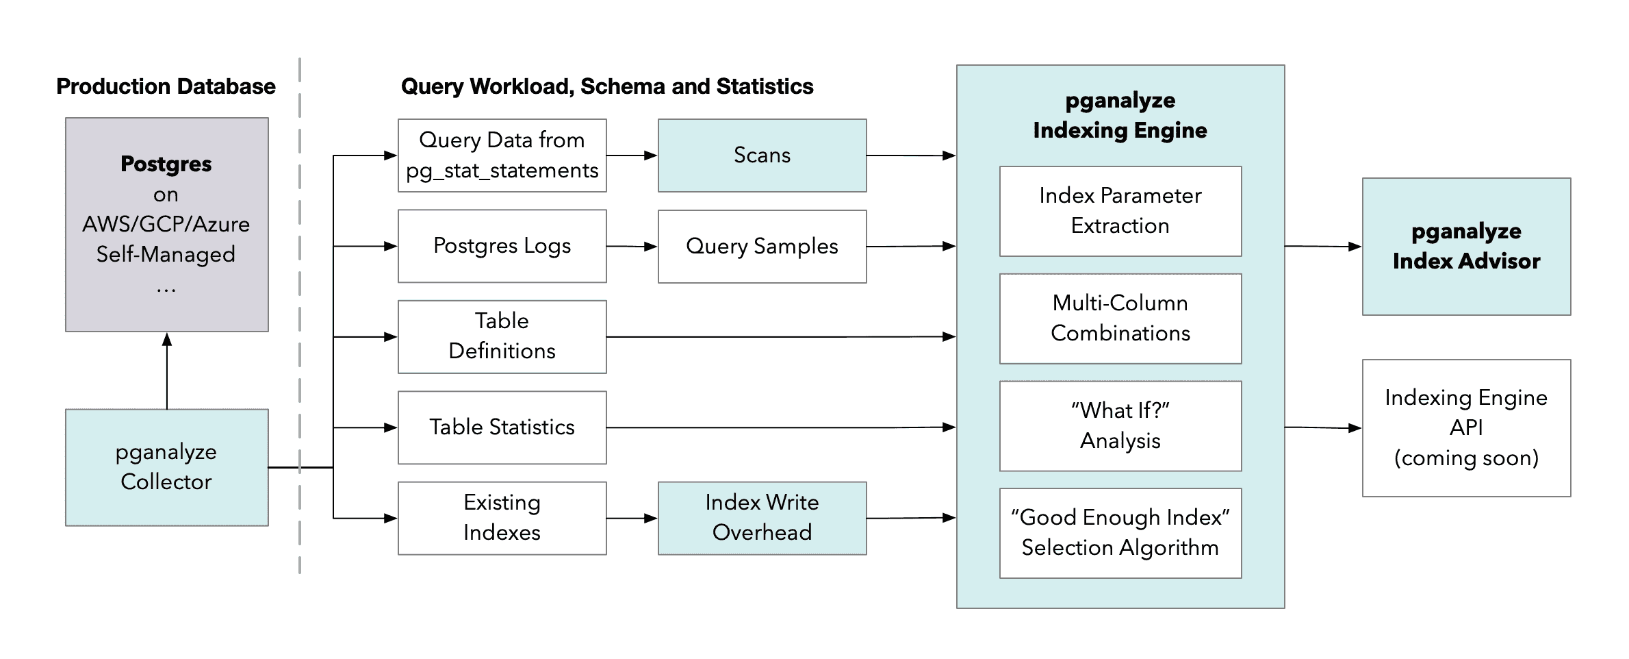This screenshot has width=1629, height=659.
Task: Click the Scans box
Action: click(762, 156)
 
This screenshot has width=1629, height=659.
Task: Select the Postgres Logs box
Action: click(502, 246)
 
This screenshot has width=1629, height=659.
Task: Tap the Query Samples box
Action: click(762, 247)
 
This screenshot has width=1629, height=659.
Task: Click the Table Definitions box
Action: click(502, 336)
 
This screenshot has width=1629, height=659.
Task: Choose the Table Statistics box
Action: click(502, 427)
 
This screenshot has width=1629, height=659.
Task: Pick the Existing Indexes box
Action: click(502, 518)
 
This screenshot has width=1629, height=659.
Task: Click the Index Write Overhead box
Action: click(762, 518)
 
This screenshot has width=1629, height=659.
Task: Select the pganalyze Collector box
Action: click(166, 467)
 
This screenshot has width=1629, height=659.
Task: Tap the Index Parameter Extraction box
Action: click(1120, 211)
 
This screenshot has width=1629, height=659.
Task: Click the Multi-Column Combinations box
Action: click(1120, 319)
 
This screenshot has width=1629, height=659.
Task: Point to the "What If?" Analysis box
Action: click(1120, 426)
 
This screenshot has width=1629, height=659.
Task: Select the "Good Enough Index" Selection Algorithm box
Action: click(1120, 533)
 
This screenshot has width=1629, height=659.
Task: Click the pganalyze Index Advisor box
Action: click(1465, 247)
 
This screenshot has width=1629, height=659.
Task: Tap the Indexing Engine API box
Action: click(1465, 427)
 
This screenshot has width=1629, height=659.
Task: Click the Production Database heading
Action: click(166, 87)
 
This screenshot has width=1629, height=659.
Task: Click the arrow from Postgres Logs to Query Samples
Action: click(632, 246)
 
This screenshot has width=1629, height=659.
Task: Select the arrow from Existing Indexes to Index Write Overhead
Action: click(632, 518)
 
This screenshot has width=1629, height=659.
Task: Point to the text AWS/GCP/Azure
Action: click(166, 225)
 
